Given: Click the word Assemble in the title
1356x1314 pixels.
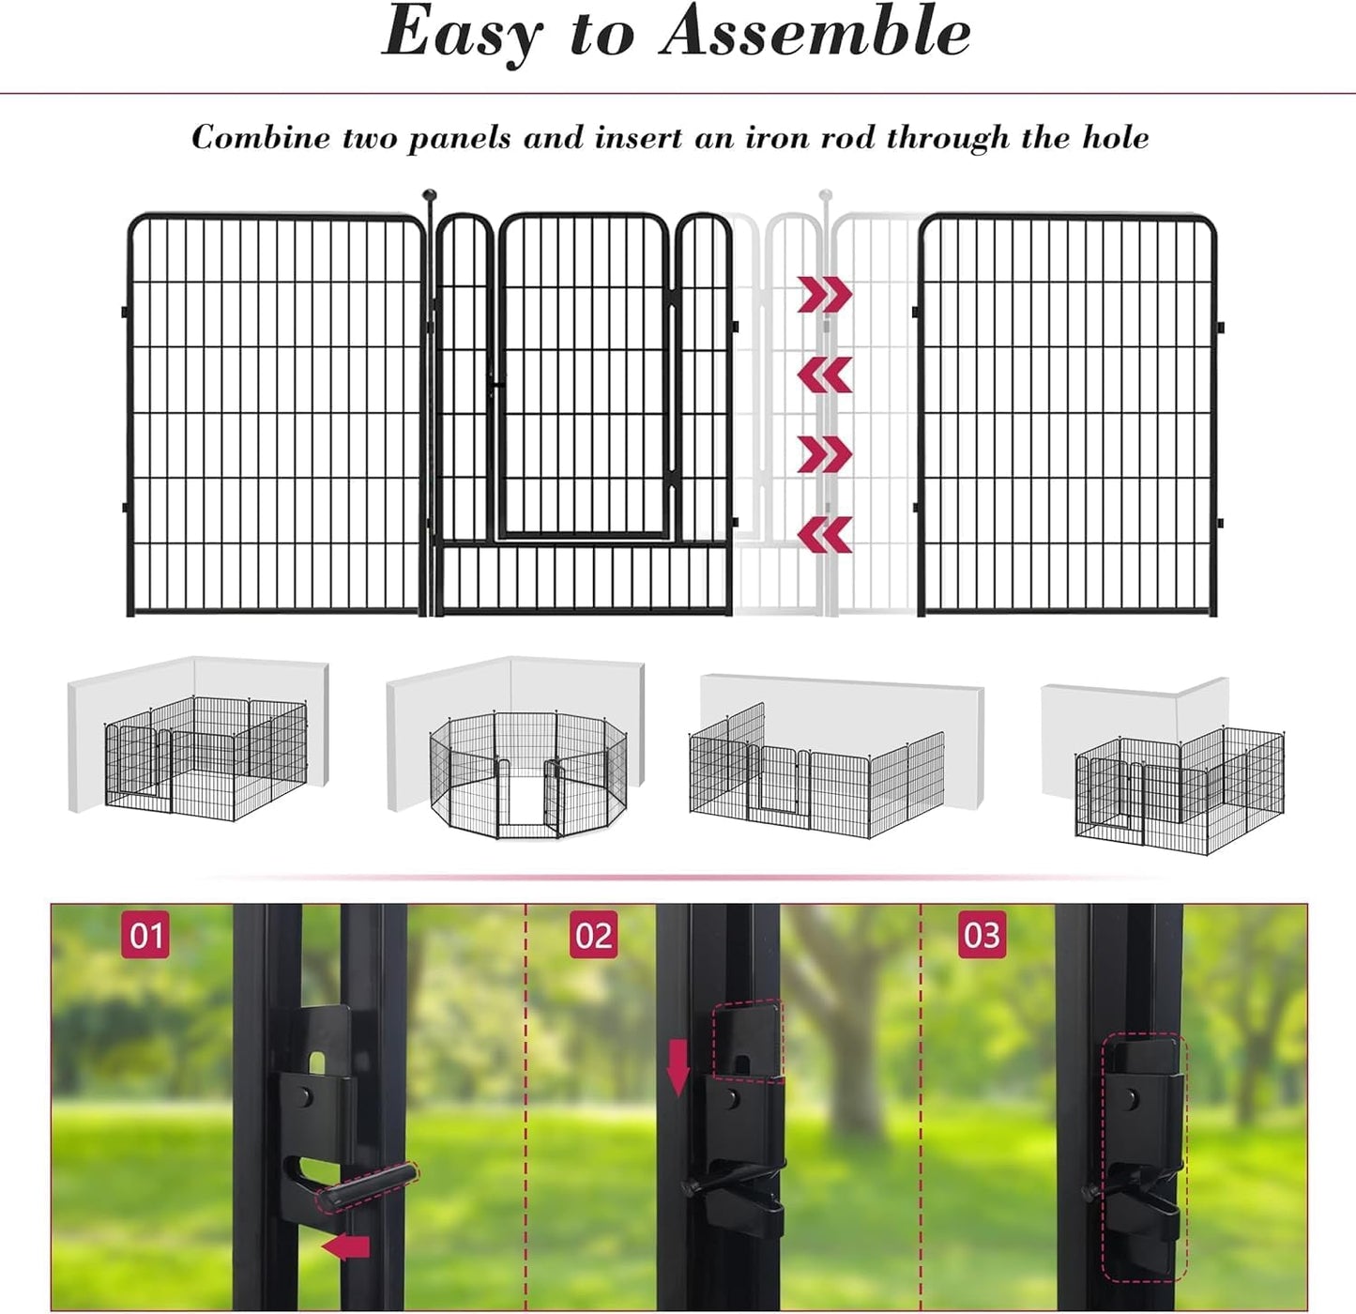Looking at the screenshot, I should pyautogui.click(x=815, y=32).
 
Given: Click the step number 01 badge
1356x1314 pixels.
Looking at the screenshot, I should pyautogui.click(x=145, y=935).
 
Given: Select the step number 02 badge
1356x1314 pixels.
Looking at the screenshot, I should pyautogui.click(x=593, y=935).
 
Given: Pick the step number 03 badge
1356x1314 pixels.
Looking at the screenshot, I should pyautogui.click(x=982, y=935).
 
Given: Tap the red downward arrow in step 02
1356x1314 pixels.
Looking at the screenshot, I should pyautogui.click(x=678, y=1067).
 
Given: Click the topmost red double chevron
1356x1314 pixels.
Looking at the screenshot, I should pyautogui.click(x=825, y=294).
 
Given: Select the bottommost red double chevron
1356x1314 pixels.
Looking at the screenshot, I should pyautogui.click(x=825, y=534).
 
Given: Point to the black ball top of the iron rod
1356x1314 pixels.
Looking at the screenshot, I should pyautogui.click(x=430, y=195).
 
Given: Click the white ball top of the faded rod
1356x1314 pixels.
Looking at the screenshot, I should pyautogui.click(x=826, y=195).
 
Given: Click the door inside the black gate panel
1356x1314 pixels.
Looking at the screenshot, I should pyautogui.click(x=583, y=375).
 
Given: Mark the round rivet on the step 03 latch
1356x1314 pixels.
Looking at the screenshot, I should pyautogui.click(x=1134, y=1097).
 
